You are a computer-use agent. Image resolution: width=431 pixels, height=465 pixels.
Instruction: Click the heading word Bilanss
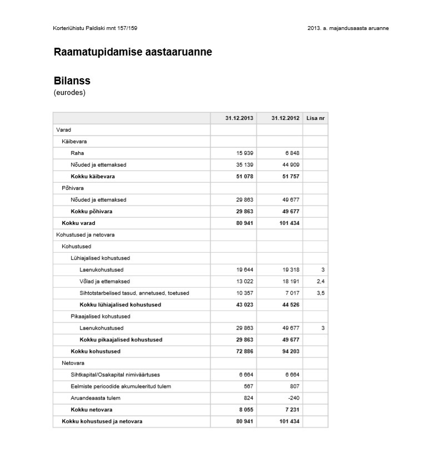[72, 81]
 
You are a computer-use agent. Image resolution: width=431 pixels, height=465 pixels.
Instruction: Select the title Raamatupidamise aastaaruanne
[133, 52]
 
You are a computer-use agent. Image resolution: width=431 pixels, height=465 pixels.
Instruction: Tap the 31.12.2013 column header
[239, 118]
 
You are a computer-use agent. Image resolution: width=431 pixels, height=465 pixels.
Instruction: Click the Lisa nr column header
[315, 118]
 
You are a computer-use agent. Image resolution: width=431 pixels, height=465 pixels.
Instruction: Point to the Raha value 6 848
[292, 153]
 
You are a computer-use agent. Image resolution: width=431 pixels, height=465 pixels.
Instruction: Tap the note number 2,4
[320, 282]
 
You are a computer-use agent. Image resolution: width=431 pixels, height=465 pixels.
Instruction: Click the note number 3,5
[320, 293]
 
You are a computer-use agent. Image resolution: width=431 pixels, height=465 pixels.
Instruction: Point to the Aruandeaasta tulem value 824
[248, 398]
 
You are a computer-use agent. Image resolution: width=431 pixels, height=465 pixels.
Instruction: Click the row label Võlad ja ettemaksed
[104, 282]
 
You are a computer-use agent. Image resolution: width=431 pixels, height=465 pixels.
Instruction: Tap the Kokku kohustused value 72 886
[242, 352]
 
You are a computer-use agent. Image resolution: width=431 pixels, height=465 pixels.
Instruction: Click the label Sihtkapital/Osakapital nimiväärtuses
[115, 375]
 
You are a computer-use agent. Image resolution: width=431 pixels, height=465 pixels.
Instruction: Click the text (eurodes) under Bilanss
[69, 93]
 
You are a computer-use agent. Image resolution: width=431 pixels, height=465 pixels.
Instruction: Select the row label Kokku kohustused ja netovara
[102, 422]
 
